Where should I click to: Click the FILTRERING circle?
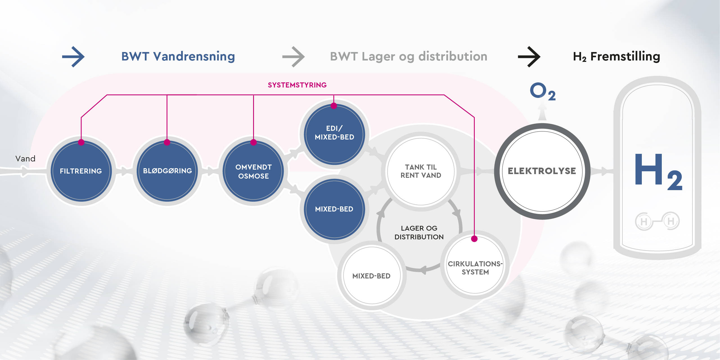coord(81,171)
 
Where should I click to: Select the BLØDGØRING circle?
coord(167,171)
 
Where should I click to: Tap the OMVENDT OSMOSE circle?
coord(253,171)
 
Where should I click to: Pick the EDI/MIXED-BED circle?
coord(334,133)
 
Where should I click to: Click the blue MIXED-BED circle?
coord(334,209)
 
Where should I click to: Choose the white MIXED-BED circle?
coord(372,276)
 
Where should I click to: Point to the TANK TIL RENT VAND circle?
coord(421,171)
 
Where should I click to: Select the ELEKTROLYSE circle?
coord(542,171)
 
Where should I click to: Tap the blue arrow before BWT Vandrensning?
coord(73,57)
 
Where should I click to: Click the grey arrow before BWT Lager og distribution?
coord(294,57)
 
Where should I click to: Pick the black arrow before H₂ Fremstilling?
coord(529,57)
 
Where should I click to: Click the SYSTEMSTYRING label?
coord(297,85)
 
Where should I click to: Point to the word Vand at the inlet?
coord(25,159)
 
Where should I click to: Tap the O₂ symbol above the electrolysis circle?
coord(542,91)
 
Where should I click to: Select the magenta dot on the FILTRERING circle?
coord(81,142)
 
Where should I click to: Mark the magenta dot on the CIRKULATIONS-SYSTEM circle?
coord(474,239)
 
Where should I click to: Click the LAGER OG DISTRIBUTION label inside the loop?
coord(419,233)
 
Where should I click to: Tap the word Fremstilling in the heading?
coord(625,57)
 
